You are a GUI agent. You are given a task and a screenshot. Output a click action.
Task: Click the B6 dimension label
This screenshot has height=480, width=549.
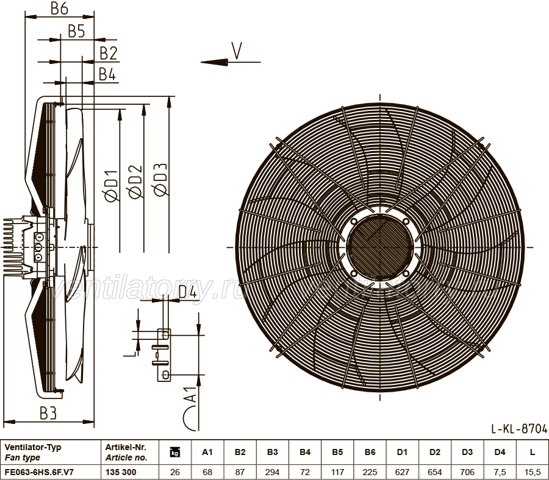tap(59, 9)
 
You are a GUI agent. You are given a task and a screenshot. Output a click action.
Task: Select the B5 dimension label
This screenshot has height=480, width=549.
tap(76, 31)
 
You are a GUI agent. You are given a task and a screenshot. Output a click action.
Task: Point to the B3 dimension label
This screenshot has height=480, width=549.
tap(48, 413)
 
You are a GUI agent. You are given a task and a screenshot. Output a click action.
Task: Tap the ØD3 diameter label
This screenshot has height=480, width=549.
tap(160, 180)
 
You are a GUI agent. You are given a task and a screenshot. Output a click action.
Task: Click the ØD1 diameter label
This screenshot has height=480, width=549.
tap(112, 186)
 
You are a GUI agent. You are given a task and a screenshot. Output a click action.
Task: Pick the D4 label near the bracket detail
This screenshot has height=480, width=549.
tap(188, 292)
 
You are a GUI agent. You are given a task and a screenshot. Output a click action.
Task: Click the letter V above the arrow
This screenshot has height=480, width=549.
tap(237, 51)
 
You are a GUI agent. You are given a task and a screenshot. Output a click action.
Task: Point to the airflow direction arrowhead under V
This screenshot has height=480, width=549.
tap(215, 62)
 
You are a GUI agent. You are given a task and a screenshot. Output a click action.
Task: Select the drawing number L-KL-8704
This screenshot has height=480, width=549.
tap(519, 428)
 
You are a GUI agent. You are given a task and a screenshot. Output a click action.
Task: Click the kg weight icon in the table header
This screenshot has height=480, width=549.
tap(174, 453)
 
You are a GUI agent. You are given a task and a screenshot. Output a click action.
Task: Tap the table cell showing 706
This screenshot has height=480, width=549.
tap(467, 472)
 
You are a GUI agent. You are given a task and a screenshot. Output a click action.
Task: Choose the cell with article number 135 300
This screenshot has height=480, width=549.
tap(120, 472)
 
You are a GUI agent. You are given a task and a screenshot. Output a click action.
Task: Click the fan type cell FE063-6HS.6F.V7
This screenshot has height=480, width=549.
tap(39, 472)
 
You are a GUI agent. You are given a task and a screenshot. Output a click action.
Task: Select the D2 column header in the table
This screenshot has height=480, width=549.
tap(434, 452)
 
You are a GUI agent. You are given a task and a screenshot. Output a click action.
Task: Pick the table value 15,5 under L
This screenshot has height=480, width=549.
tap(532, 472)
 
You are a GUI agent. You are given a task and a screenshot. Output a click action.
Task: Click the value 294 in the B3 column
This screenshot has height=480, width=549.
tap(272, 472)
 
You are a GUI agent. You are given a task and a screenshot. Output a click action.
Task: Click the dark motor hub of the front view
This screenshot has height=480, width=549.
tap(380, 247)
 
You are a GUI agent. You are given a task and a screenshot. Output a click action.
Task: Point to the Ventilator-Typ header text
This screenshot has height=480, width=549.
tap(33, 447)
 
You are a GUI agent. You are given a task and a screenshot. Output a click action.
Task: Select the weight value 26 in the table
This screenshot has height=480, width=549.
tap(174, 472)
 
